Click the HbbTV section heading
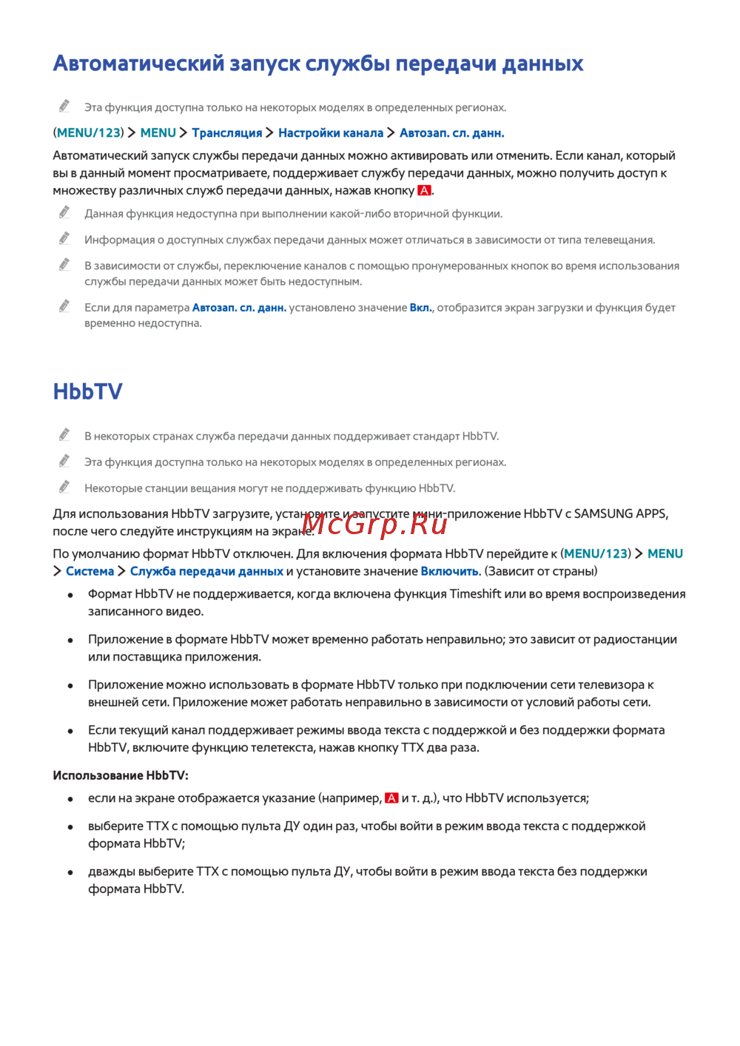[x=87, y=391]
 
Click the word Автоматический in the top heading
[x=138, y=64]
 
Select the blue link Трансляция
[x=226, y=133]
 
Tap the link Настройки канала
[x=330, y=133]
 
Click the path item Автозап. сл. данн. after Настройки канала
[x=451, y=133]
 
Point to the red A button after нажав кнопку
[x=424, y=191]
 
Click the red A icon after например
[x=391, y=798]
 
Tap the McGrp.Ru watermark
[x=374, y=524]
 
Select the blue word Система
[x=90, y=571]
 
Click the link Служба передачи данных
[x=206, y=571]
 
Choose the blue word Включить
[x=449, y=571]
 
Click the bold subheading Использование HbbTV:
[x=121, y=775]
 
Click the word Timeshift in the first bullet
[x=475, y=594]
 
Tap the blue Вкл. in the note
[x=421, y=308]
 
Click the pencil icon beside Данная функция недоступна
[x=64, y=213]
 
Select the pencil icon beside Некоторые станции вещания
[x=64, y=487]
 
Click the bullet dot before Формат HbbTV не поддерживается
[x=70, y=595]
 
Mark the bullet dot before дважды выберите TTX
[x=70, y=872]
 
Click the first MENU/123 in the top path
[x=88, y=133]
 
